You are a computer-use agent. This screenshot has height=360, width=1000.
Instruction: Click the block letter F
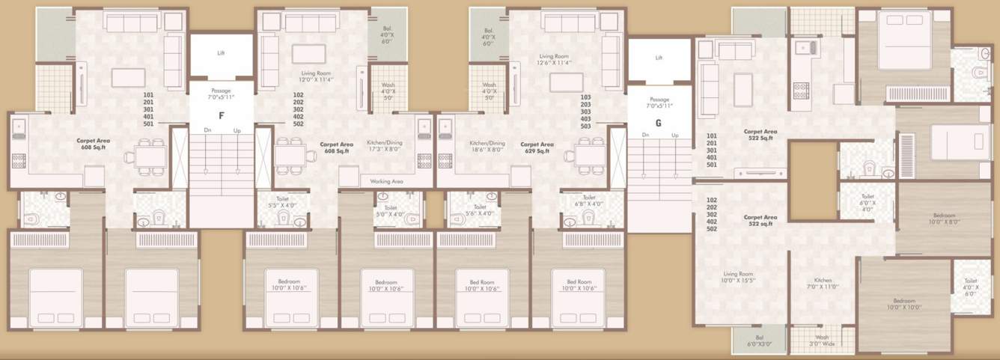[x=221, y=116]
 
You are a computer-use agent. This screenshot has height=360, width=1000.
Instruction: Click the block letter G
[x=658, y=123]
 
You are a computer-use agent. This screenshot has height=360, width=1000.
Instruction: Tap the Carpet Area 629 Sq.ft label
[x=537, y=147]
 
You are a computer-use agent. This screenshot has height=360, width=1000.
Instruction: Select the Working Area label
[x=386, y=181]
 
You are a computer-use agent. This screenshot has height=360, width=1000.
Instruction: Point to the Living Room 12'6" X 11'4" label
[x=555, y=60]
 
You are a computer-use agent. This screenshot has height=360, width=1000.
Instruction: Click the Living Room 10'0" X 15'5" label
[x=738, y=278]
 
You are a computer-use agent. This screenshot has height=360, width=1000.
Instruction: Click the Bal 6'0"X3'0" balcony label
[x=759, y=341]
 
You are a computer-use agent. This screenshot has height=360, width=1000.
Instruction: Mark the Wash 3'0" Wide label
[x=821, y=341]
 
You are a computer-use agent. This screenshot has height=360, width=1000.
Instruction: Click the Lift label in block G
[x=659, y=58]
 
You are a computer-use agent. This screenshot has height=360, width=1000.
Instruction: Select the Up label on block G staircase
[x=674, y=135]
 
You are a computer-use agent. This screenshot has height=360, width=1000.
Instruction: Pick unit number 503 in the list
[x=586, y=126]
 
